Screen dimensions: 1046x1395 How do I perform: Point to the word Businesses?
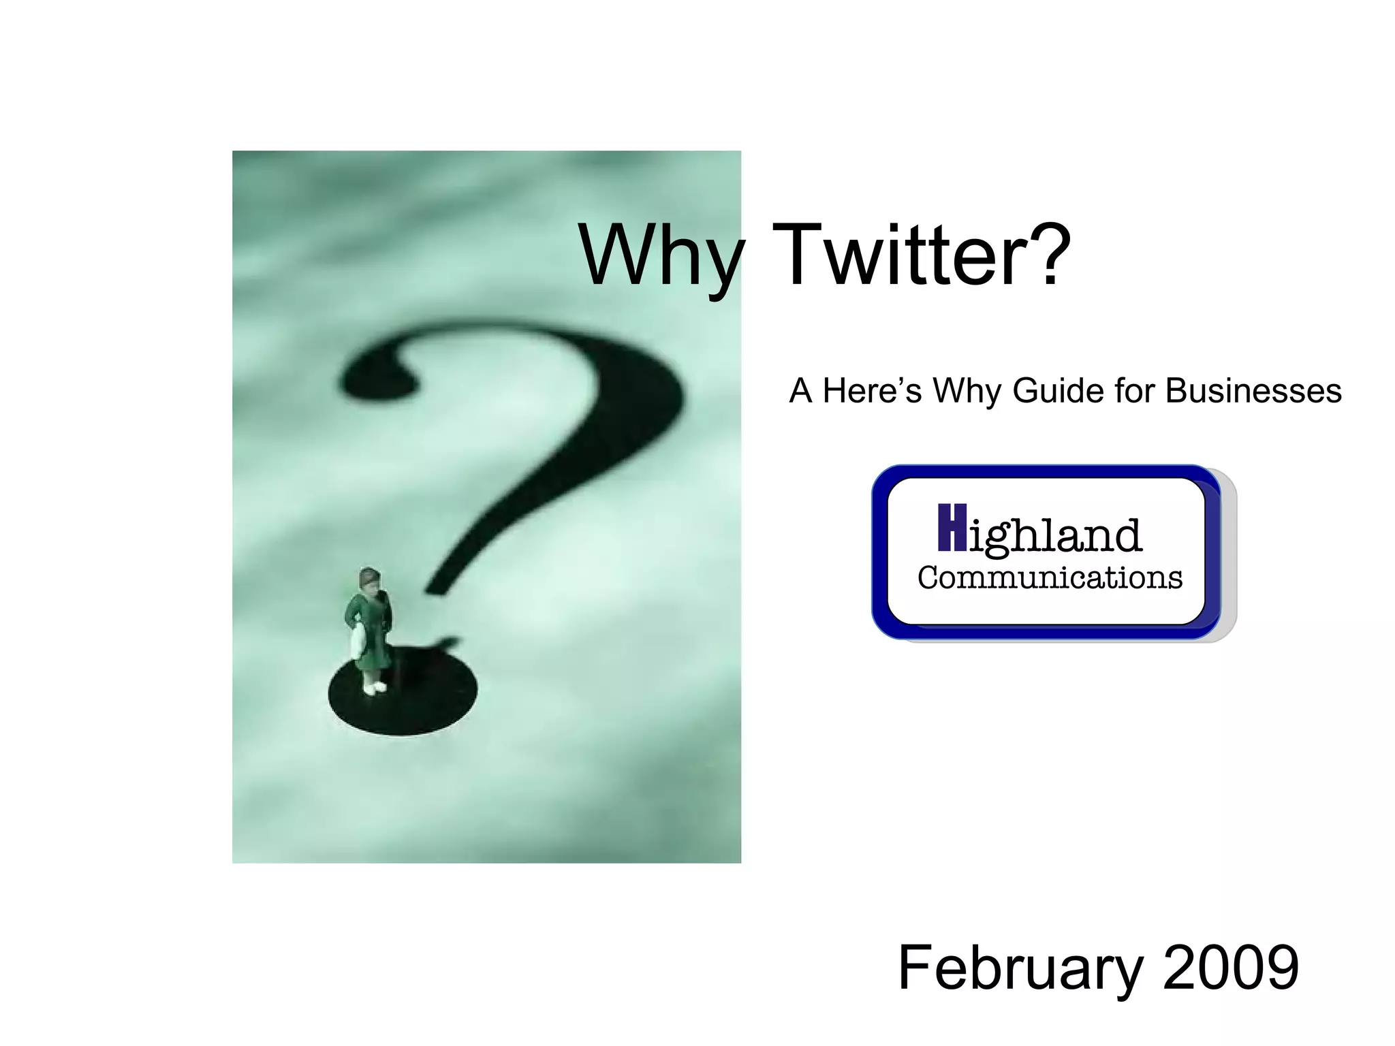click(x=1253, y=391)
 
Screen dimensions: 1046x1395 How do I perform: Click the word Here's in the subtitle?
click(x=871, y=391)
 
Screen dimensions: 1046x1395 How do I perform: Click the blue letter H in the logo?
click(x=952, y=528)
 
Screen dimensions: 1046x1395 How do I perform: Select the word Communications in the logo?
click(x=1050, y=577)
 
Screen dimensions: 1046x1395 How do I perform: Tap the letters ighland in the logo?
click(x=1054, y=536)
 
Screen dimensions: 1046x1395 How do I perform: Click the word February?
click(x=1019, y=968)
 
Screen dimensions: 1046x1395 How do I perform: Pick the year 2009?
click(x=1231, y=968)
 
